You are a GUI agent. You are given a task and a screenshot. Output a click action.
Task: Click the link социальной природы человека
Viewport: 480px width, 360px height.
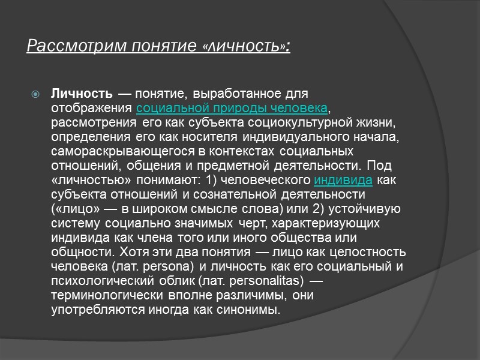[232, 108]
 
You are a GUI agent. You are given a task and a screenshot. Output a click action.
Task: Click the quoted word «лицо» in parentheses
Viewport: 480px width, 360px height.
[68, 209]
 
